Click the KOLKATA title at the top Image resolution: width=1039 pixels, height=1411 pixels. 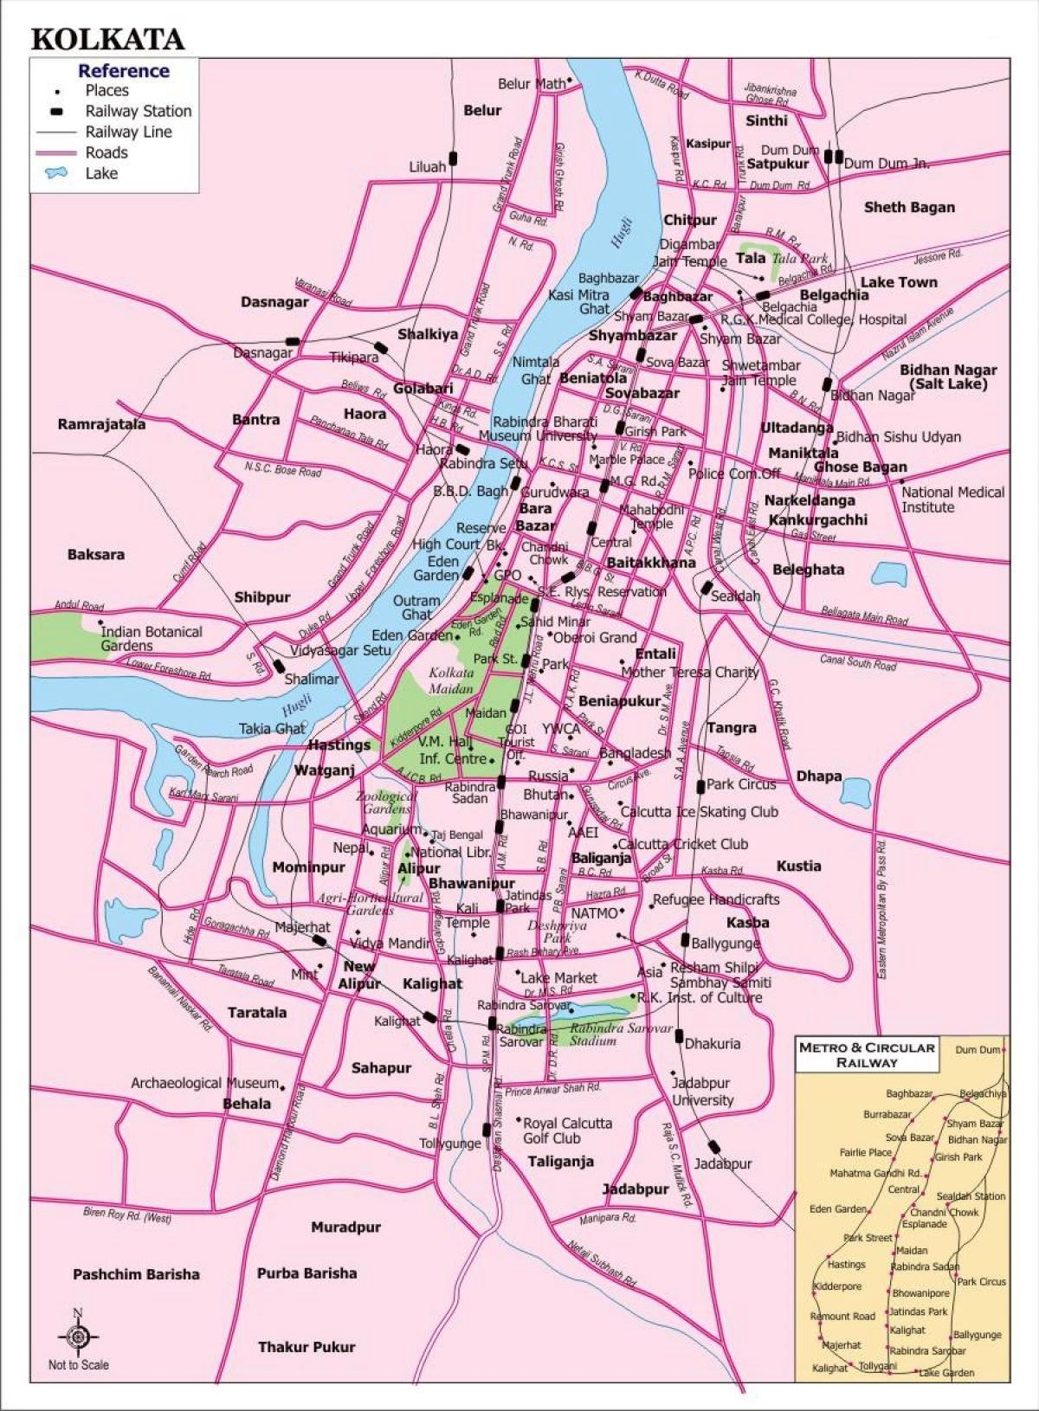click(107, 39)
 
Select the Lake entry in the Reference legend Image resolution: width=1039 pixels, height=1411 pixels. click(100, 173)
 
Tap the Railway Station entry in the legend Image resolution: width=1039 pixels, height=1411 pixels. click(137, 111)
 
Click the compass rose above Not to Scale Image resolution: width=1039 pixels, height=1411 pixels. click(78, 1337)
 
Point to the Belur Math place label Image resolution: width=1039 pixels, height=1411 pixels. click(531, 84)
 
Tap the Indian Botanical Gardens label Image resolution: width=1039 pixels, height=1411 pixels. click(151, 639)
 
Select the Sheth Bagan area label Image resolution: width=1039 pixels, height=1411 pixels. click(909, 207)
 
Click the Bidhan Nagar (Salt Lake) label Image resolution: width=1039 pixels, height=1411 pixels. click(948, 376)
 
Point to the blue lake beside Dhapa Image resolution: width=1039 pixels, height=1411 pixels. click(855, 789)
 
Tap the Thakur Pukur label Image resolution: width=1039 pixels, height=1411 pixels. click(307, 1347)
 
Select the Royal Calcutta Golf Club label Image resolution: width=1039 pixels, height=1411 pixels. click(567, 1131)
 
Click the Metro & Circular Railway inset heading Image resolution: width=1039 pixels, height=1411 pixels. click(867, 1053)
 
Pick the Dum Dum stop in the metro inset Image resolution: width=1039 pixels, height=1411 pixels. click(978, 1049)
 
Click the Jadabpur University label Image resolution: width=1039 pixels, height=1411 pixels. click(702, 1092)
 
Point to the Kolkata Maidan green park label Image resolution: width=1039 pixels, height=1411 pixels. click(450, 680)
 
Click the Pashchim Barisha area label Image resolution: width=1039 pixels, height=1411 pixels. click(136, 1274)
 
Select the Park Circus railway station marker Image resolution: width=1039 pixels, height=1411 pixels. click(700, 786)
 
